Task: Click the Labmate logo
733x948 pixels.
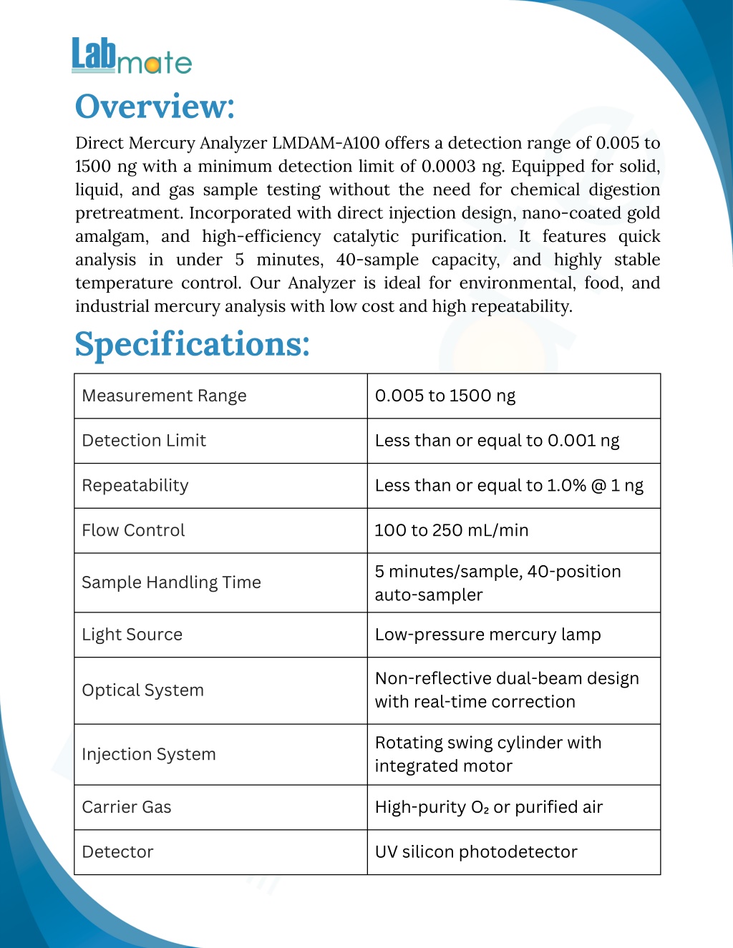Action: (x=132, y=56)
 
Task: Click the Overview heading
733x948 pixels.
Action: (x=155, y=107)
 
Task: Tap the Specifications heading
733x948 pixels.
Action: (x=192, y=344)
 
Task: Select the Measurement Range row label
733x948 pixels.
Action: (x=164, y=396)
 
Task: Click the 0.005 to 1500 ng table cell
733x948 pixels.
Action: (x=445, y=396)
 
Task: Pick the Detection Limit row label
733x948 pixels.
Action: (x=144, y=441)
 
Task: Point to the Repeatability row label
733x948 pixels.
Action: (x=135, y=486)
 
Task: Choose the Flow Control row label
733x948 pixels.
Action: (x=133, y=530)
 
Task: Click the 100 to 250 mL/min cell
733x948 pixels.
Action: (x=452, y=530)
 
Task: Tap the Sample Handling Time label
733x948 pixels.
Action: (x=171, y=582)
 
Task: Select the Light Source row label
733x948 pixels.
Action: (x=132, y=635)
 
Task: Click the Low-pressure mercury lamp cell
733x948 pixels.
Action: (x=487, y=635)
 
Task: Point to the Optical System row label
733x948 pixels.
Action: (x=142, y=690)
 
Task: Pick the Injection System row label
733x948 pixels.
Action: (x=149, y=754)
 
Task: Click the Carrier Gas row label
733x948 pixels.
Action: (x=127, y=807)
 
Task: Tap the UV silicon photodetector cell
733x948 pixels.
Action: (x=476, y=852)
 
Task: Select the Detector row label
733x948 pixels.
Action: (x=117, y=852)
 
